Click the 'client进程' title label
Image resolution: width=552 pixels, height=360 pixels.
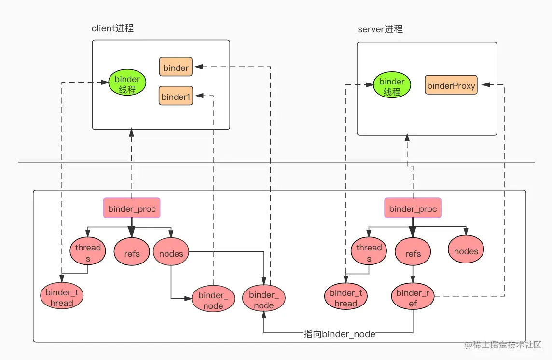coord(112,28)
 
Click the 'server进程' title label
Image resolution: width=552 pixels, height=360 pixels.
coord(380,29)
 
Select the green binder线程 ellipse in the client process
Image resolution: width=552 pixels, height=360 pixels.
coord(127,83)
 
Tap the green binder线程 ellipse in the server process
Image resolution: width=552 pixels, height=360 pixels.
coord(392,86)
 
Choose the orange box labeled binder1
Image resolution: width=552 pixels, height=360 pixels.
coord(176,97)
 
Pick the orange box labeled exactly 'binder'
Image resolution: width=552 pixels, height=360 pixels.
coord(176,68)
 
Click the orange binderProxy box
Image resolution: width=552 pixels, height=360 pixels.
coord(451,85)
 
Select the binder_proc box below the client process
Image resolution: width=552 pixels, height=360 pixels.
coord(132,208)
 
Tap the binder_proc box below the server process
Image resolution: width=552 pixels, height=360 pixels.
coord(413,208)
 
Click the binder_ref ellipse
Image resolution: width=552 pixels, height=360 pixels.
coord(413,297)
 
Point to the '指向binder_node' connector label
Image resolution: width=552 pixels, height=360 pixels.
coord(339,334)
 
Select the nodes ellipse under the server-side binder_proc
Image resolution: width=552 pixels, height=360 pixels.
coord(466,250)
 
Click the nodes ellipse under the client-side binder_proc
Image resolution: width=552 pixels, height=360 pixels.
coord(171,253)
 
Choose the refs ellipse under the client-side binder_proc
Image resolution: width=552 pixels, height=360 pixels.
coord(132,253)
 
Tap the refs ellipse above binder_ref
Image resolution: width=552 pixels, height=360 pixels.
coord(413,253)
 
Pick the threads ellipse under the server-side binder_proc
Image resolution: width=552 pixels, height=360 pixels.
coord(369,252)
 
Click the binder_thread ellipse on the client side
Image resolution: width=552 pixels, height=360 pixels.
coord(62,297)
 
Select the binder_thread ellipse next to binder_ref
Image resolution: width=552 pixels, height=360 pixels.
coord(345,298)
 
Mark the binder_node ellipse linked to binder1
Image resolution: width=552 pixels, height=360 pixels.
coord(213,300)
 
